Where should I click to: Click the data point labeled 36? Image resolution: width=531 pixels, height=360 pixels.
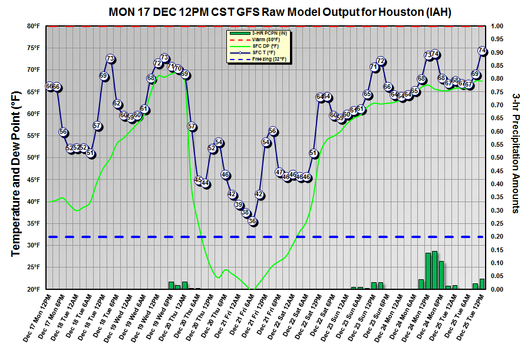tap(252, 222)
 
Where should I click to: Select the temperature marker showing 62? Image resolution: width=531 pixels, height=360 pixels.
tap(117, 104)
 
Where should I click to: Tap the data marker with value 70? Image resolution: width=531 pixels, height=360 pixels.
tap(178, 69)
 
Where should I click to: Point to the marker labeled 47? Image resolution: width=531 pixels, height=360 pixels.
tap(279, 171)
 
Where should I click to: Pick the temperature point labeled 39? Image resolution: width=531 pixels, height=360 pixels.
tap(239, 204)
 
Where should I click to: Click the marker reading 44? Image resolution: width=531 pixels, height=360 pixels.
tap(205, 183)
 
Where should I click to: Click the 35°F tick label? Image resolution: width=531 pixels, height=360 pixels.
tap(33, 223)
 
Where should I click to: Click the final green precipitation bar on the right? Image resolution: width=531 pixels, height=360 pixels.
tap(482, 284)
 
